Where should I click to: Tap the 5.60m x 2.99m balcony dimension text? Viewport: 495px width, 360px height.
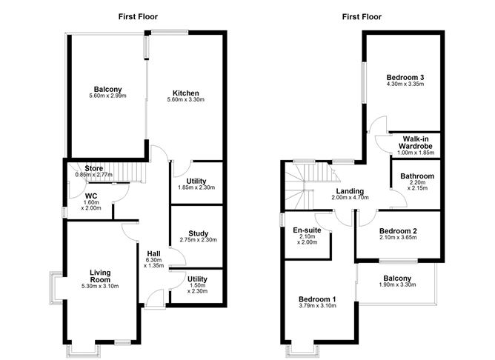pos(107,96)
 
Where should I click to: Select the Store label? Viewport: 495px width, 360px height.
pos(93,168)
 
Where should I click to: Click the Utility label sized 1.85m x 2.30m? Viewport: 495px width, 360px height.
pos(196,181)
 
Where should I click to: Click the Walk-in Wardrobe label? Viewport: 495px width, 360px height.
pos(417,141)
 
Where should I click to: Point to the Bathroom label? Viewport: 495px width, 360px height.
pos(417,176)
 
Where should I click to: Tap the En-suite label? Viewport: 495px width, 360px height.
pos(306,230)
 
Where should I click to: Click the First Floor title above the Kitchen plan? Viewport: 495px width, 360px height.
pos(139,16)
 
